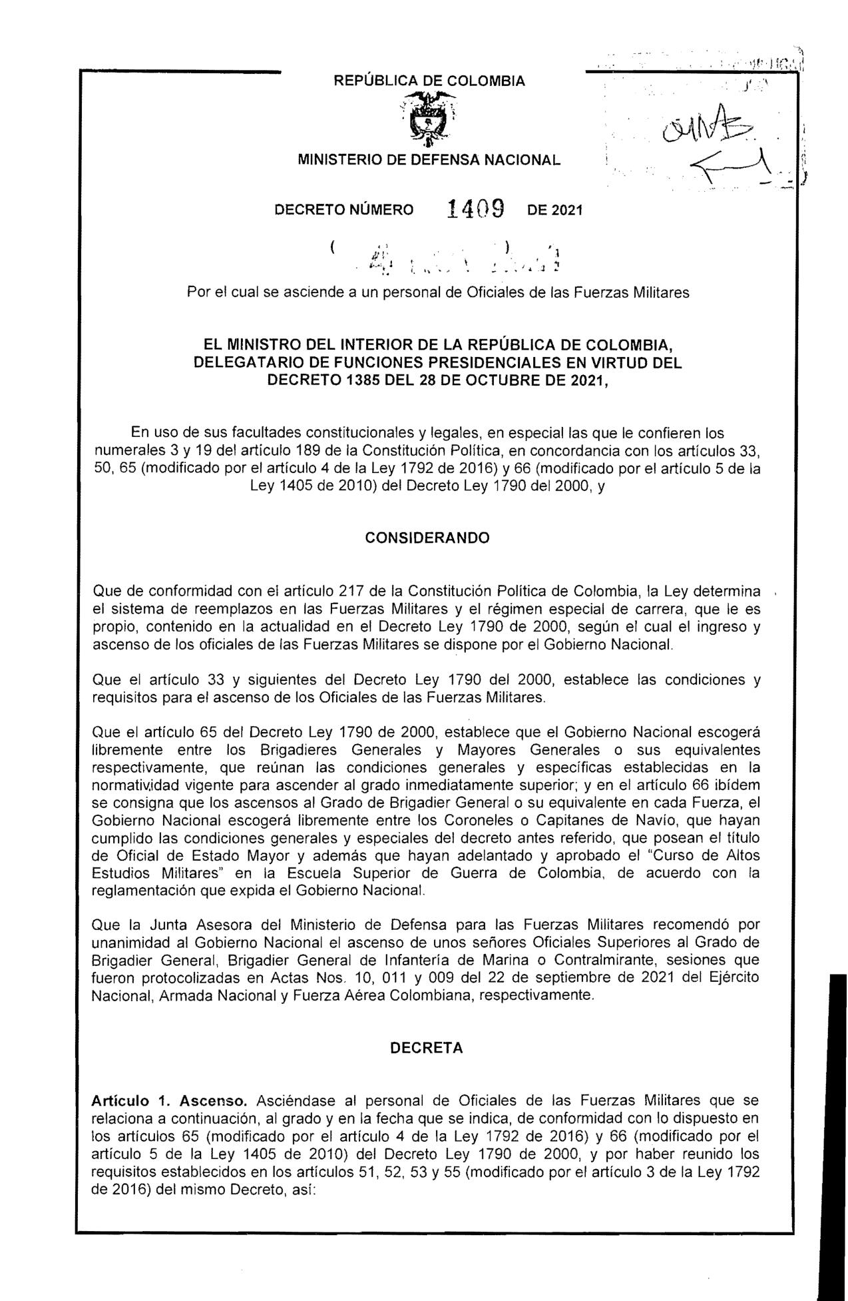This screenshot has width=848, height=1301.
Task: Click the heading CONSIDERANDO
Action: [x=427, y=538]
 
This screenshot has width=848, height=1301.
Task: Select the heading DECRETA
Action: [x=426, y=1048]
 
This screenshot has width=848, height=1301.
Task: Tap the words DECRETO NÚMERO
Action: [x=344, y=211]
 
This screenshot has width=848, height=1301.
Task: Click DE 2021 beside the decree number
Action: [x=554, y=211]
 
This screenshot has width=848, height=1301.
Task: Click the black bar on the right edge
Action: [x=836, y=1132]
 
